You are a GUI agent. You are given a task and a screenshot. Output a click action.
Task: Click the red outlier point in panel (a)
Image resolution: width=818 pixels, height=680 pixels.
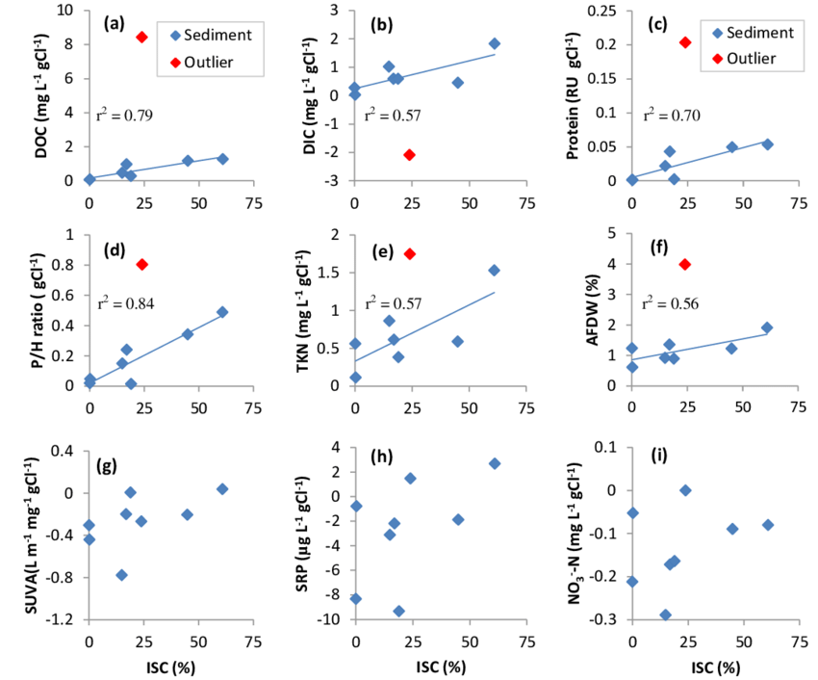point(141,38)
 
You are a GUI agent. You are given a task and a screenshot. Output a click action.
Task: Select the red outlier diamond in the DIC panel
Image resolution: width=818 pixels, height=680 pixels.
point(409,154)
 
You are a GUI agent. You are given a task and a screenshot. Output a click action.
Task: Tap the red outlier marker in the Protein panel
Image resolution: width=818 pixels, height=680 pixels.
point(685,42)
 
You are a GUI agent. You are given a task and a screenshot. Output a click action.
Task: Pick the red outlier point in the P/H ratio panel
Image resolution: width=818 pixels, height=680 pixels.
point(142,264)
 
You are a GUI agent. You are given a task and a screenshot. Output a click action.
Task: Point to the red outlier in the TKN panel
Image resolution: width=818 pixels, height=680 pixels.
point(409,253)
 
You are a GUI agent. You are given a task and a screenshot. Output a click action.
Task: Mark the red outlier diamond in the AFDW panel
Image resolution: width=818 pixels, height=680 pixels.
point(685,264)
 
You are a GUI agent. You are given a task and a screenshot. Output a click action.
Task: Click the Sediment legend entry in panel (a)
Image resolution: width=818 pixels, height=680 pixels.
point(206,35)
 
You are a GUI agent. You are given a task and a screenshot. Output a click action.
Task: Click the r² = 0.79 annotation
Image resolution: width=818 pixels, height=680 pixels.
point(125,116)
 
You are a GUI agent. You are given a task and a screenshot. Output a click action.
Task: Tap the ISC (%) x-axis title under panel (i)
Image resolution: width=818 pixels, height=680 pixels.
point(714,667)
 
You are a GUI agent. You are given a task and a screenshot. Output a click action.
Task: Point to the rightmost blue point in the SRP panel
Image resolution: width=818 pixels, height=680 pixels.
point(495,463)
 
